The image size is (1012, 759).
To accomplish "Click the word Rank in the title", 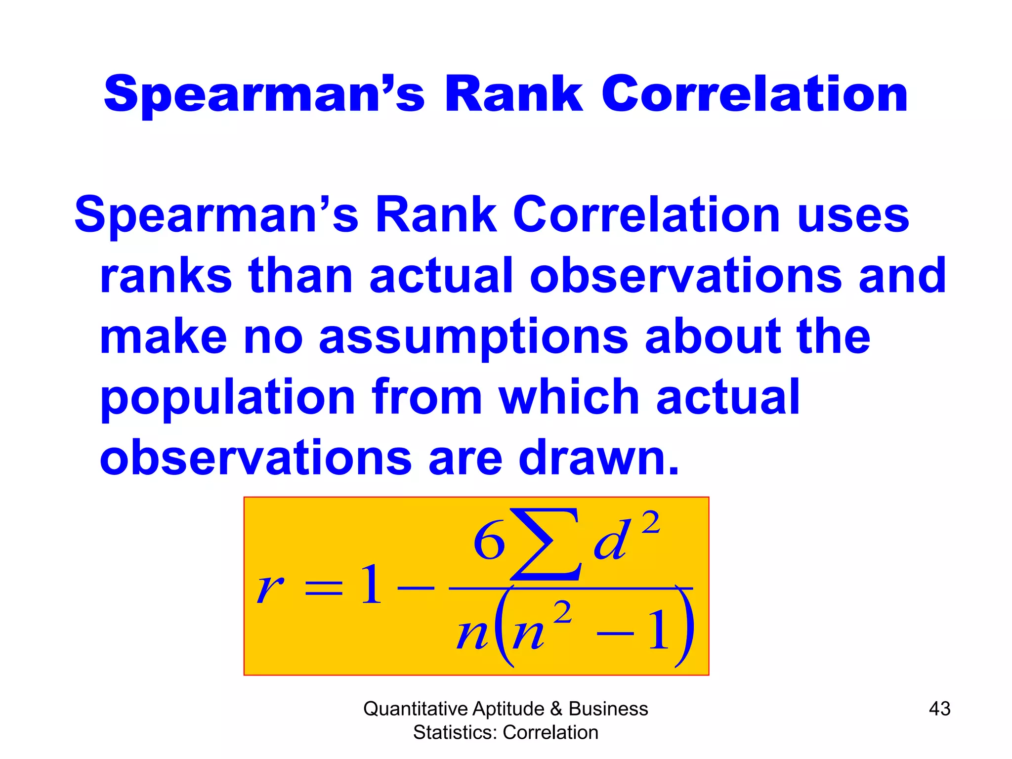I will [514, 94].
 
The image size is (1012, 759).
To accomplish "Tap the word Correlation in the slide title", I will [755, 94].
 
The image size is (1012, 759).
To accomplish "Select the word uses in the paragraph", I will [853, 215].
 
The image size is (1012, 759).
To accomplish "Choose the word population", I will [228, 398].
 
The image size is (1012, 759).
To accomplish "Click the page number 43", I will [939, 709].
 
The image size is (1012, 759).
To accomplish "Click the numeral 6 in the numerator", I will [489, 542].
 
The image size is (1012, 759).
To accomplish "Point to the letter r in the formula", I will [270, 588].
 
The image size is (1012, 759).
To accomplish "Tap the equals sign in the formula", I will [324, 588].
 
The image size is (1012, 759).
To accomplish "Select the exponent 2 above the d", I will [650, 522].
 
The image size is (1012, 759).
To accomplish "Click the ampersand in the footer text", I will [556, 709].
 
